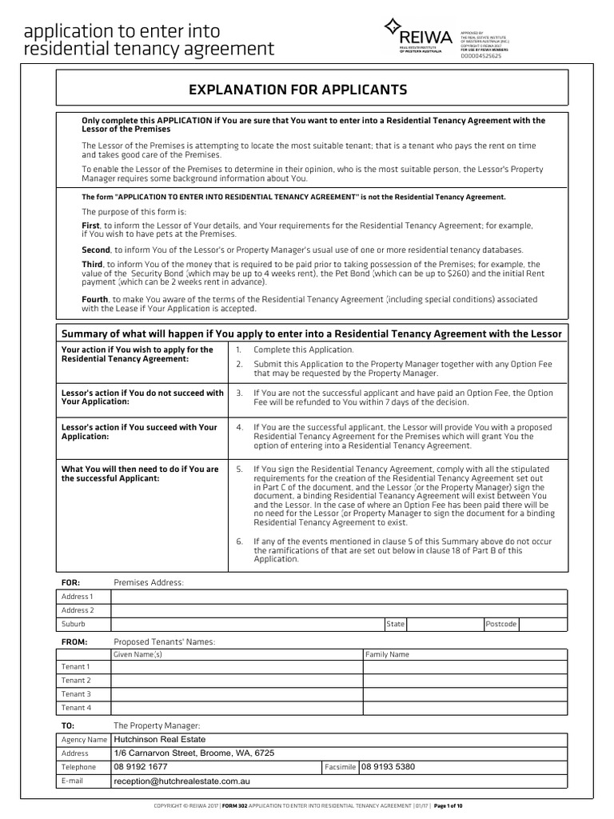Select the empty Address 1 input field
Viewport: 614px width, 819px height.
click(339, 597)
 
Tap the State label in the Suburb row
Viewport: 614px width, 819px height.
click(395, 624)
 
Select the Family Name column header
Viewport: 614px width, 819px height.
click(387, 654)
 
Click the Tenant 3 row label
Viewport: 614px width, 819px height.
click(77, 694)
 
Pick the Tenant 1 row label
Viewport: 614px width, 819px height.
click(77, 667)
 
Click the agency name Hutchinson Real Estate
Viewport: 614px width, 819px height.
click(160, 740)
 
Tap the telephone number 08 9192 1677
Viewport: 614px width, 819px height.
click(141, 767)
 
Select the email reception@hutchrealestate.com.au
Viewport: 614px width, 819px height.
click(190, 781)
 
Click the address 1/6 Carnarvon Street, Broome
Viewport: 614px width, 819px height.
click(194, 753)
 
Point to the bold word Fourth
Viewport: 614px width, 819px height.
click(95, 299)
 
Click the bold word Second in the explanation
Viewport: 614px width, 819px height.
click(96, 250)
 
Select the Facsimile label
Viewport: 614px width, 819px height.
click(340, 768)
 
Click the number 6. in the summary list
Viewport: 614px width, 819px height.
click(239, 541)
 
